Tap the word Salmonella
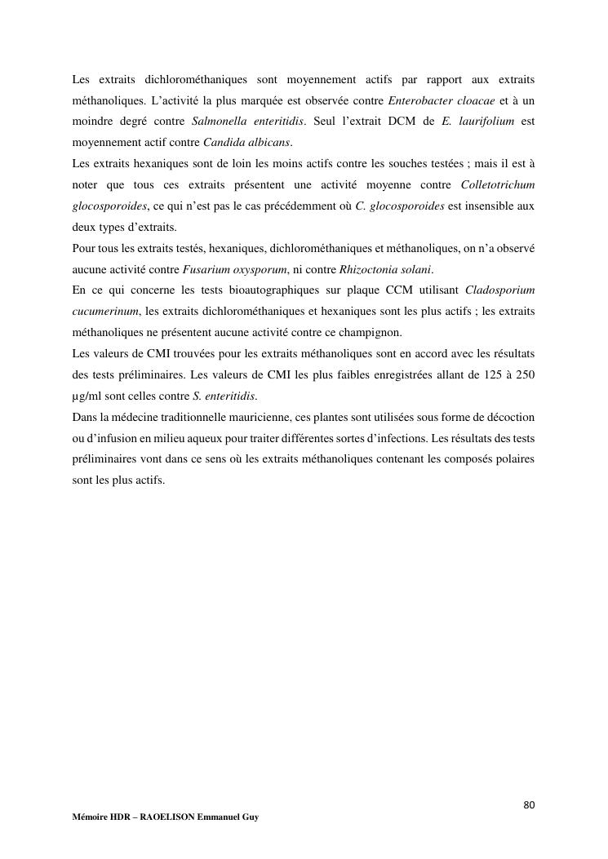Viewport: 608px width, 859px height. [x=218, y=122]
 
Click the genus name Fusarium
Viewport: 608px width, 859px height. [x=203, y=270]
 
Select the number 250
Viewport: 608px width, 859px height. [x=524, y=374]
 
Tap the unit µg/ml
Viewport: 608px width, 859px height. [x=88, y=396]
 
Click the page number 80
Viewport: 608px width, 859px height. [x=529, y=806]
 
